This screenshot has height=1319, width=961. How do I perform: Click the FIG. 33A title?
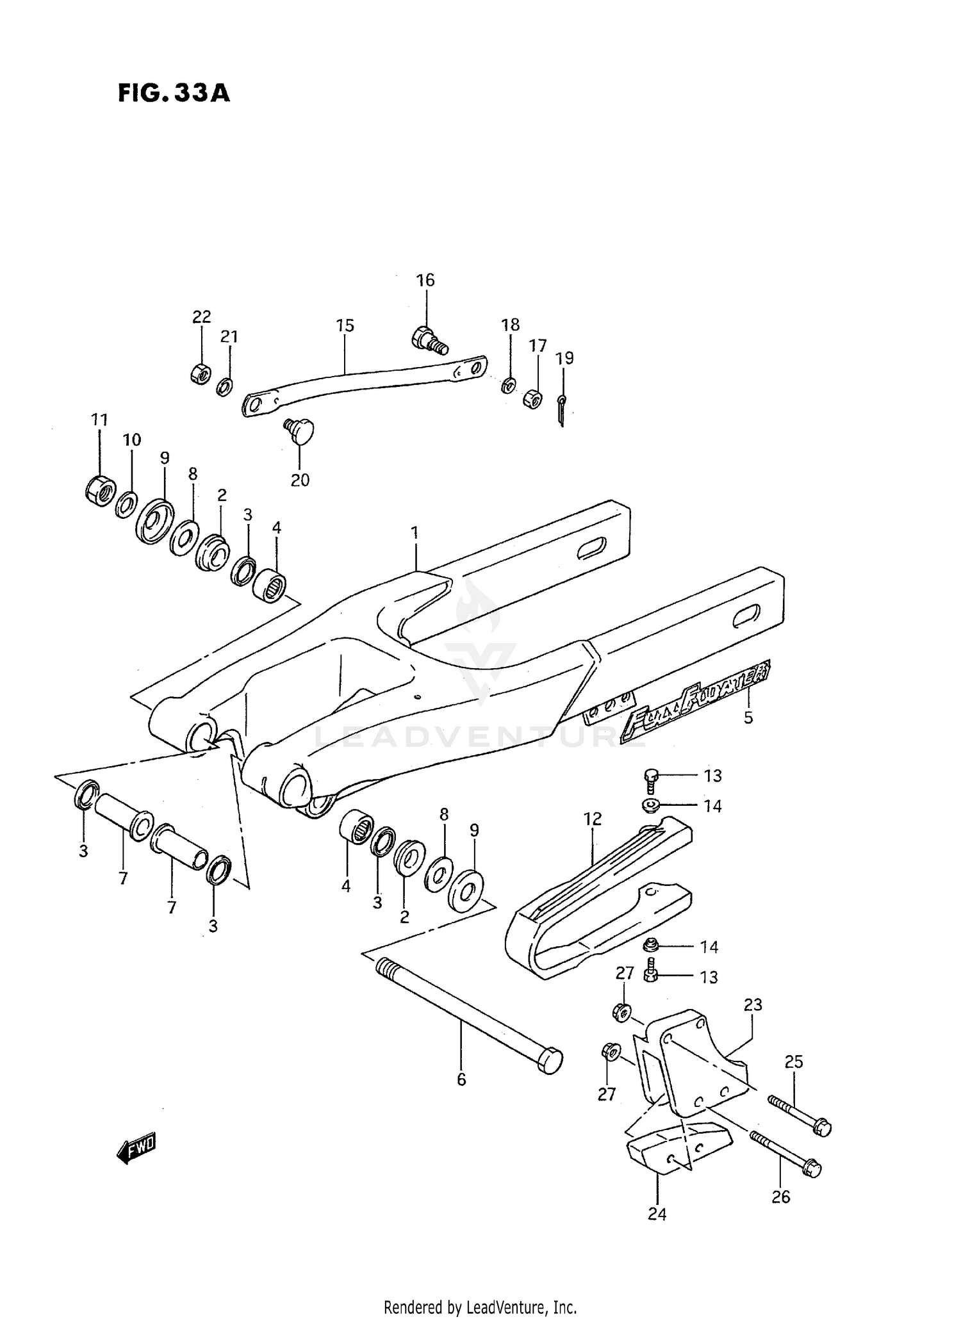[x=174, y=94]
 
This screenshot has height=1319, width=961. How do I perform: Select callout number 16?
[x=425, y=280]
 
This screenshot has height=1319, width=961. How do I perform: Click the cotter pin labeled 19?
[x=561, y=410]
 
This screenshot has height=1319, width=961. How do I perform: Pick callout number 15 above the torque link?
[x=345, y=325]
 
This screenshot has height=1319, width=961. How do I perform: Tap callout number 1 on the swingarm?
[x=415, y=532]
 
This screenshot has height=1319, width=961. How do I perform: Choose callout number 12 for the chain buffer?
[x=593, y=819]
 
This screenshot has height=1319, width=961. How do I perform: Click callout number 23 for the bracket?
[x=753, y=1004]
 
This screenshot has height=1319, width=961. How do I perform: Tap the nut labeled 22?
[x=201, y=373]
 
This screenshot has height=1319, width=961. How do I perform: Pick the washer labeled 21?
[x=224, y=387]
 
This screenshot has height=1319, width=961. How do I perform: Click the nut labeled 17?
[x=533, y=399]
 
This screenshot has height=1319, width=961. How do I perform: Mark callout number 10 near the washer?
[x=132, y=440]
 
